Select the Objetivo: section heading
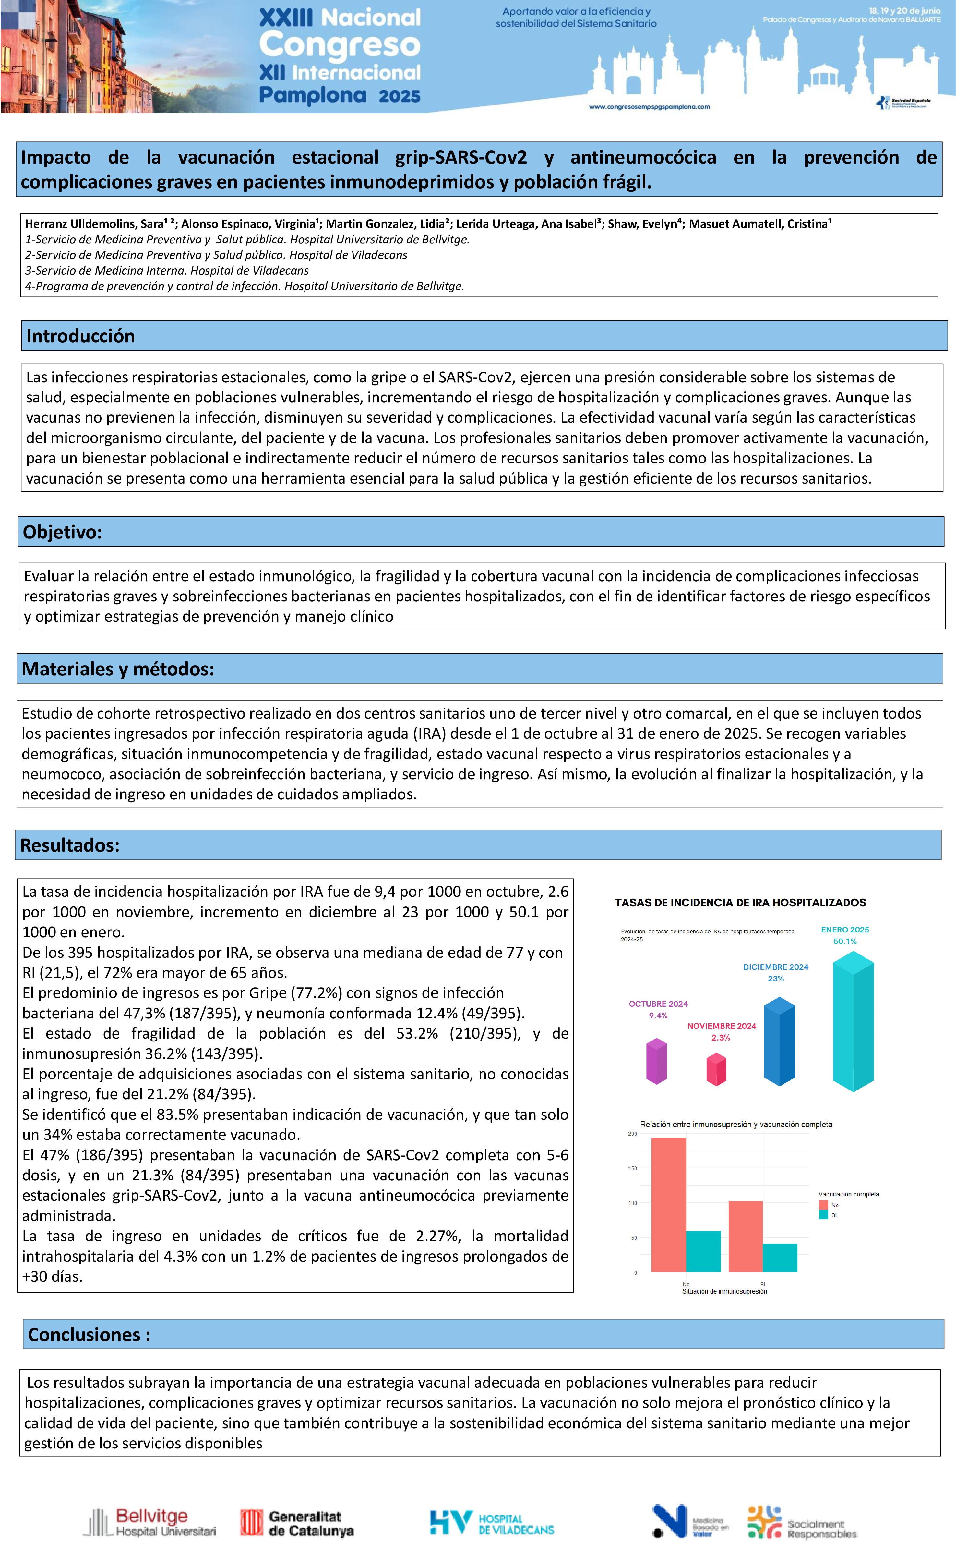click(62, 532)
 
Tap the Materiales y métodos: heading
click(118, 669)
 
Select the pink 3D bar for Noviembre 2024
click(716, 1069)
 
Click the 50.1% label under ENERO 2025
click(845, 941)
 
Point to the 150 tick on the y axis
click(632, 1168)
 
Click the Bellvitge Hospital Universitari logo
click(150, 1522)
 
